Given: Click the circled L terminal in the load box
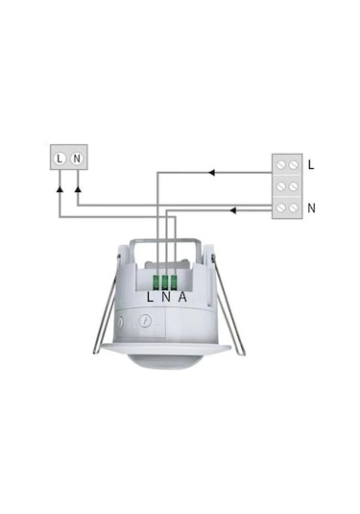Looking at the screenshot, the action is click(x=60, y=159).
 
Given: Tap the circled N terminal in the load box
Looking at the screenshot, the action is click(x=77, y=159).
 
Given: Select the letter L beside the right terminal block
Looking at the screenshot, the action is click(x=311, y=165).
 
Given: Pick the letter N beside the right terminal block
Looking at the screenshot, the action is click(x=311, y=208).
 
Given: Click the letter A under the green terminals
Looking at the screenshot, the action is click(x=182, y=297).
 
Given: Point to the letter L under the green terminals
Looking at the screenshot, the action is click(x=150, y=297).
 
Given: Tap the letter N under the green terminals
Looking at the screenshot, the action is click(x=166, y=297).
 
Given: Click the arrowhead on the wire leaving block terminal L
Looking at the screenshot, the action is click(x=211, y=172).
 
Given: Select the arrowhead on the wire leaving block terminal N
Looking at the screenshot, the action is click(x=233, y=210).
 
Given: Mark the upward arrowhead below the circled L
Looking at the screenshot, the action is click(x=60, y=189).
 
